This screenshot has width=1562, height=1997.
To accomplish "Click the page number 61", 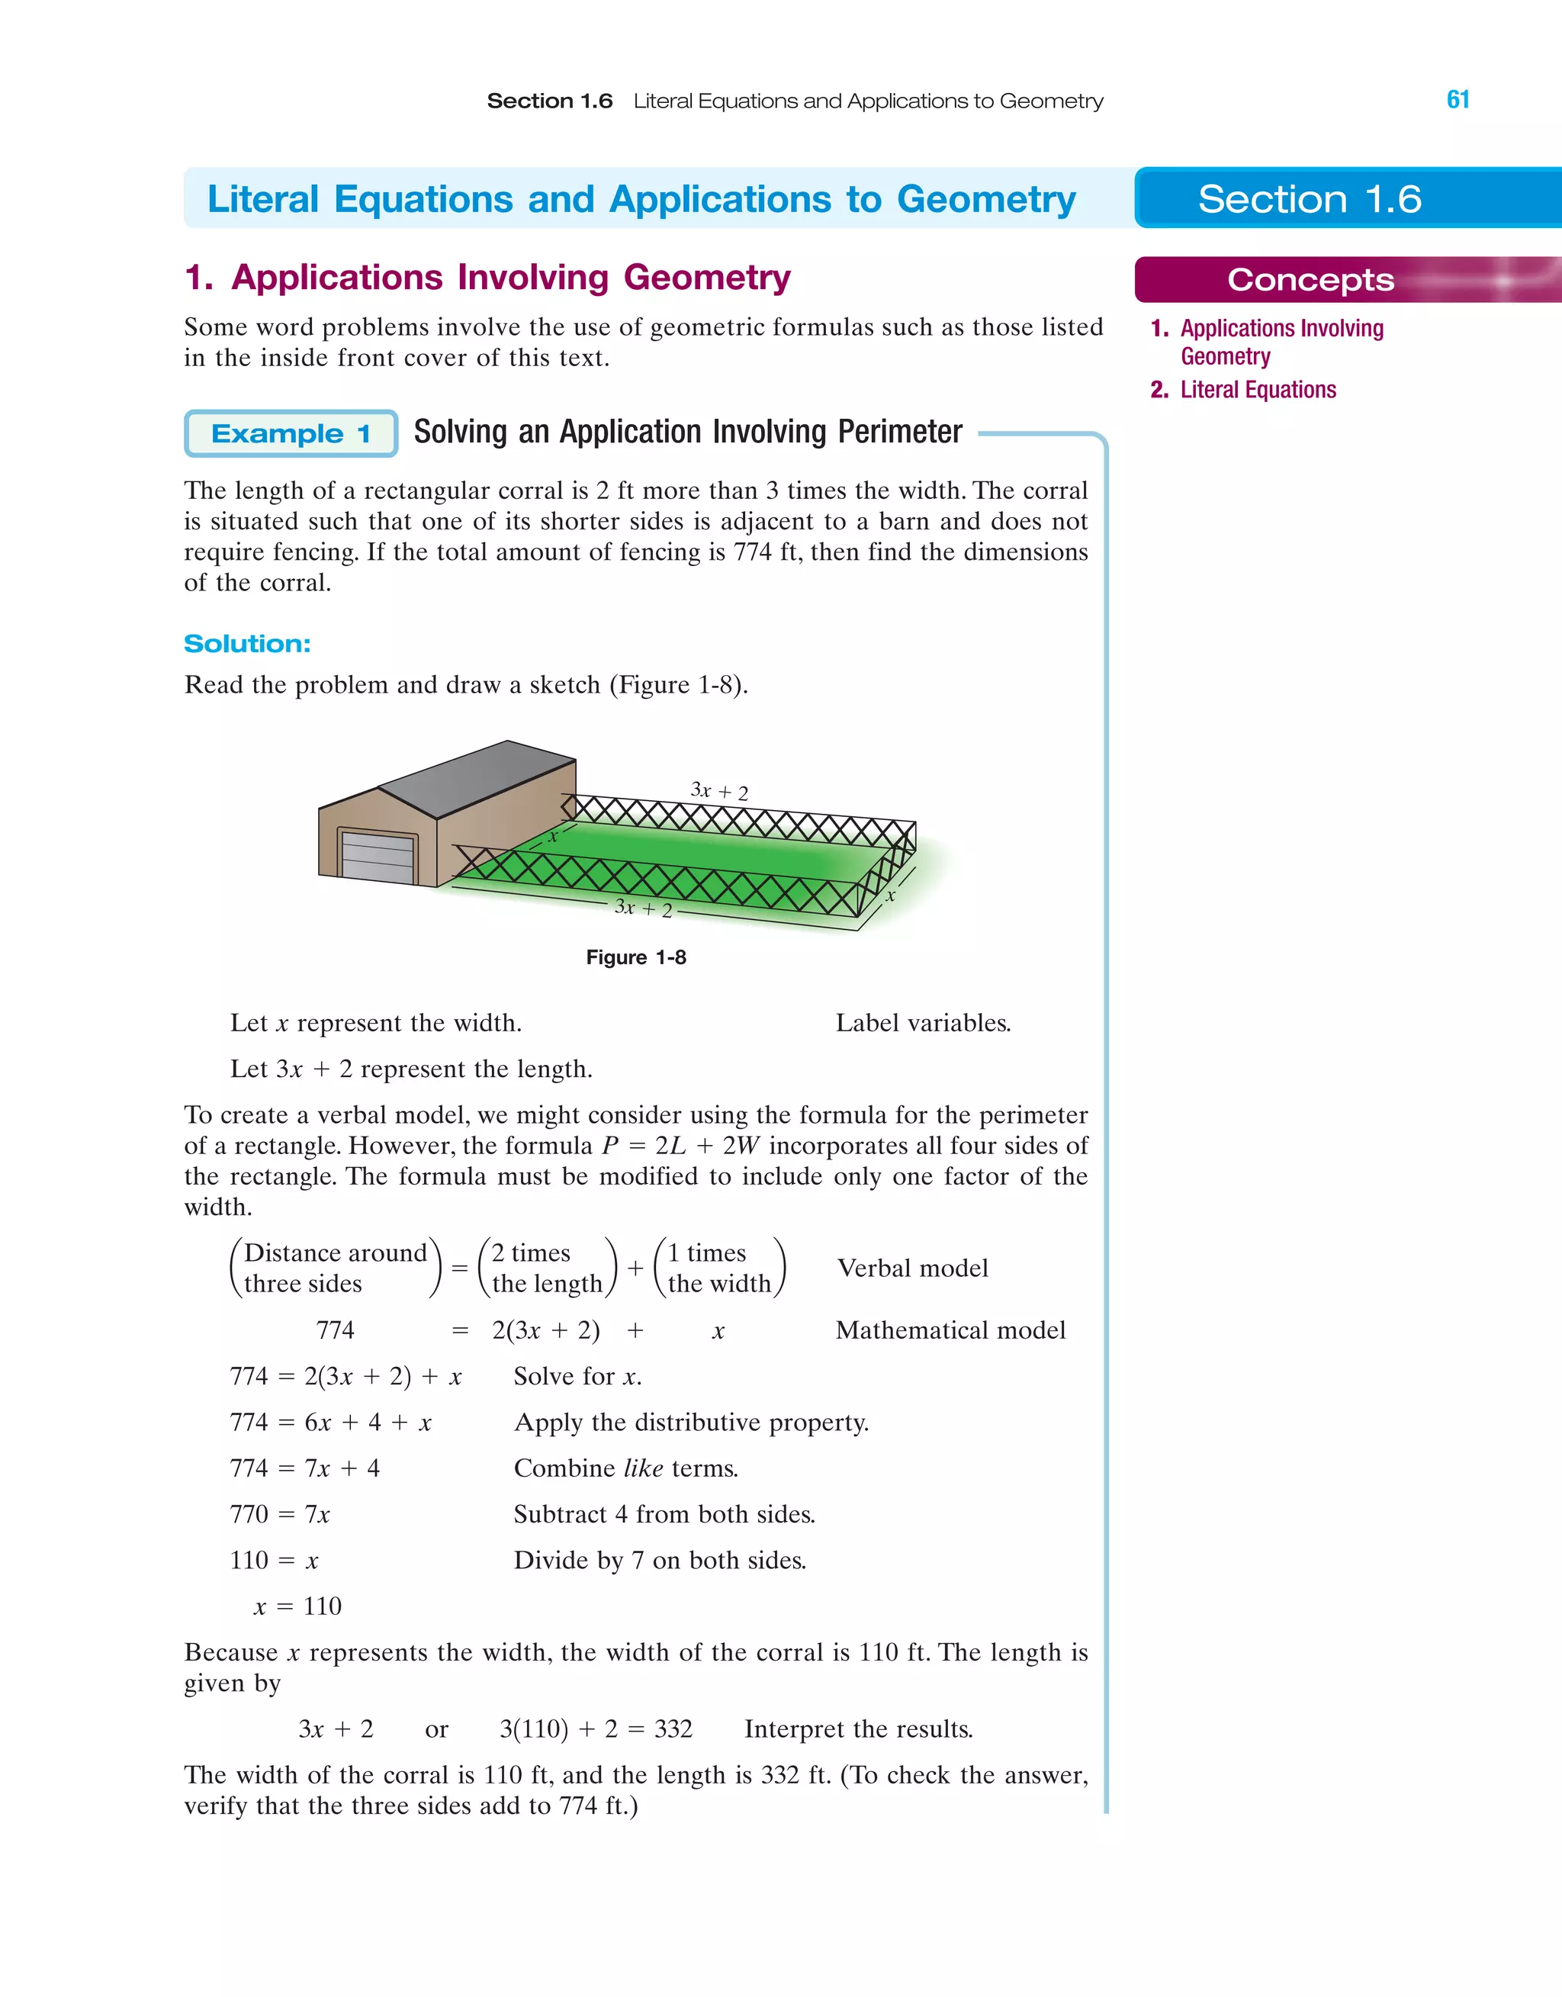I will [1458, 100].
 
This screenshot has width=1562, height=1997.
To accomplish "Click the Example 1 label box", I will [291, 433].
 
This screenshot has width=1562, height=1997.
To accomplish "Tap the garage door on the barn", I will [377, 857].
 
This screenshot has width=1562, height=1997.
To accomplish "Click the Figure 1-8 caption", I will [635, 957].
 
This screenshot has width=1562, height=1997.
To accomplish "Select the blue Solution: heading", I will [247, 644].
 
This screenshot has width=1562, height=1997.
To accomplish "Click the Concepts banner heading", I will [1310, 280].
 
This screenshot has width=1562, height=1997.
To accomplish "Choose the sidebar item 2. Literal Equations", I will [1244, 391].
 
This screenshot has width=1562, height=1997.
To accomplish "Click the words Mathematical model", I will [950, 1330].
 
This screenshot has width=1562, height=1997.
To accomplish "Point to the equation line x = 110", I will [297, 1606].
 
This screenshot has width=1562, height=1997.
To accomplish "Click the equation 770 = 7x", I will [280, 1514].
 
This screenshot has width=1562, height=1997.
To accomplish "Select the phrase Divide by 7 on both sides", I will [660, 1561].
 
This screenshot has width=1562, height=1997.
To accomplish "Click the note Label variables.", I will [923, 1023].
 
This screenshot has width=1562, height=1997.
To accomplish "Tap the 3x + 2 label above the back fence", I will [718, 791].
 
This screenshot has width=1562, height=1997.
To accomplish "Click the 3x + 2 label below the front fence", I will [643, 908].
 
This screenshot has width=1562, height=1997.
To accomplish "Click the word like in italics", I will [643, 1468].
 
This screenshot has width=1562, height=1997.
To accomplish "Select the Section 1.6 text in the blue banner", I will [1310, 199].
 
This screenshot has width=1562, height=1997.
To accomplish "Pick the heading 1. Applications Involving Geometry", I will [487, 278].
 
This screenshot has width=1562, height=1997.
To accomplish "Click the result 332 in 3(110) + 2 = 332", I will [673, 1729].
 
